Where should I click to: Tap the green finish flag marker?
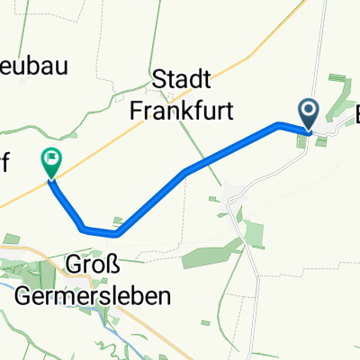coord(50,162)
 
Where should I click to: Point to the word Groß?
coord(89,267)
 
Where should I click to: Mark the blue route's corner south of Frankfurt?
coord(184,171)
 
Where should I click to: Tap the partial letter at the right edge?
coord(355,115)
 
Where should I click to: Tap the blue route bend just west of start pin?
coord(280,124)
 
